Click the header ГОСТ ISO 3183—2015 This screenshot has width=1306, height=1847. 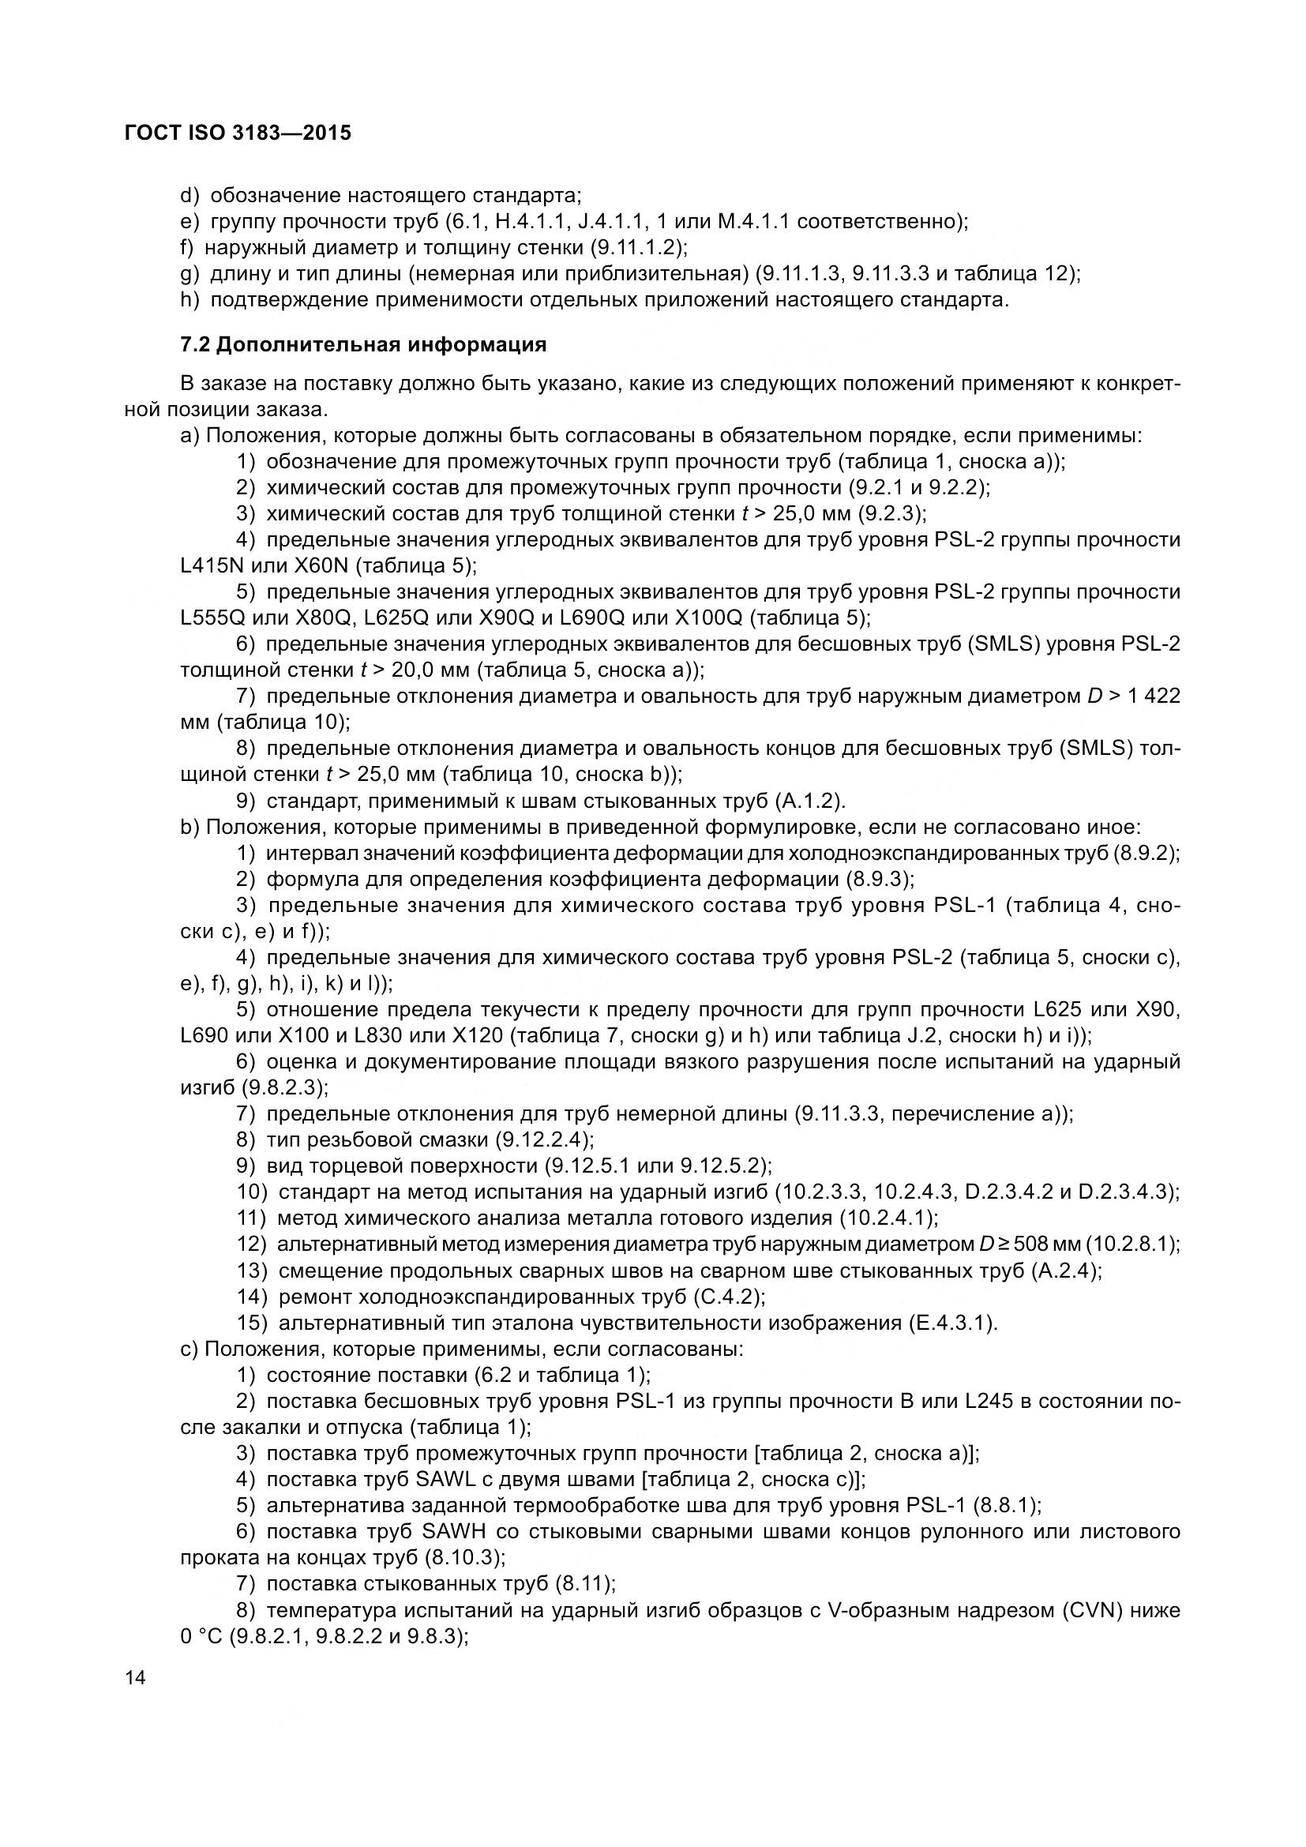click(x=238, y=133)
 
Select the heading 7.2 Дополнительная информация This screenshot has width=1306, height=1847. click(x=363, y=345)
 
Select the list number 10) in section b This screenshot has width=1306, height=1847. click(x=252, y=1192)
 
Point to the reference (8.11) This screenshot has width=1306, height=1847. click(x=584, y=1584)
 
